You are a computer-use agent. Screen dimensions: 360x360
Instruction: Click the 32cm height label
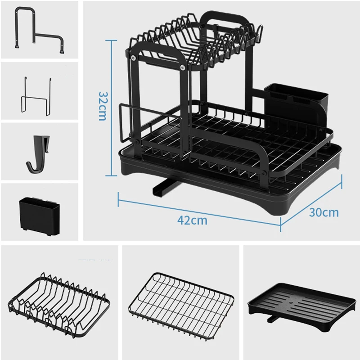(x=103, y=106)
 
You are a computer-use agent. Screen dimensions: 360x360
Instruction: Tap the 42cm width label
(x=193, y=220)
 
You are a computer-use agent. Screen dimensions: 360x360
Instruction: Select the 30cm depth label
(x=324, y=212)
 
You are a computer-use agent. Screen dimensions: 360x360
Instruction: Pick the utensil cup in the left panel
(x=40, y=216)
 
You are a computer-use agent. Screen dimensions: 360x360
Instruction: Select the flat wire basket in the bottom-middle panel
(x=181, y=306)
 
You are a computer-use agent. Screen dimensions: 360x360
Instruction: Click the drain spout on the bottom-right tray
(x=273, y=319)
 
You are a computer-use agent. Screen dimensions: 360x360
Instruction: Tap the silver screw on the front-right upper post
(x=183, y=67)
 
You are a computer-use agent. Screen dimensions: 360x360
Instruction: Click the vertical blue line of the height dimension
(x=111, y=108)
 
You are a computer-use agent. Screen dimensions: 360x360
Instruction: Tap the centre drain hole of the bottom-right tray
(x=292, y=302)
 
